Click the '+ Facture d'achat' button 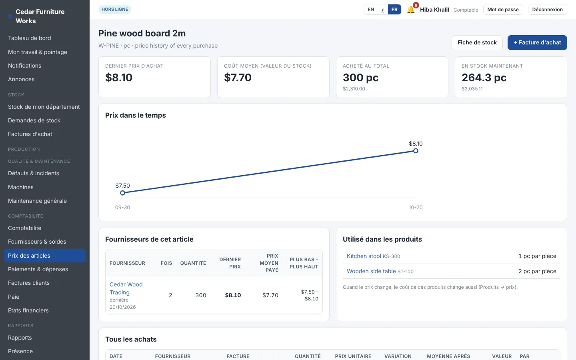(537, 42)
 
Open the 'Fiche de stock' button (477, 42)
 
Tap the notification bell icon (411, 10)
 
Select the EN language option (371, 10)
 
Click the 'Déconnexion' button (548, 10)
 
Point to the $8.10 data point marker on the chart (416, 151)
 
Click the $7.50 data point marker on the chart (123, 193)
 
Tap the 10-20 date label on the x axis (416, 207)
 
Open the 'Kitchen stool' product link (364, 256)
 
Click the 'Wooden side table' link (371, 271)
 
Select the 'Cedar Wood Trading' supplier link (126, 288)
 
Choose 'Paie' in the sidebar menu (14, 297)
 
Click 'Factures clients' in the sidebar (29, 283)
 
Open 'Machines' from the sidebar (20, 187)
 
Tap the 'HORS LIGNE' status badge (115, 9)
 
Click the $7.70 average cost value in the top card (238, 78)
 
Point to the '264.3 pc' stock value (484, 78)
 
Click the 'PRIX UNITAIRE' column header (353, 356)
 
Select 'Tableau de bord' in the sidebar (30, 38)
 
